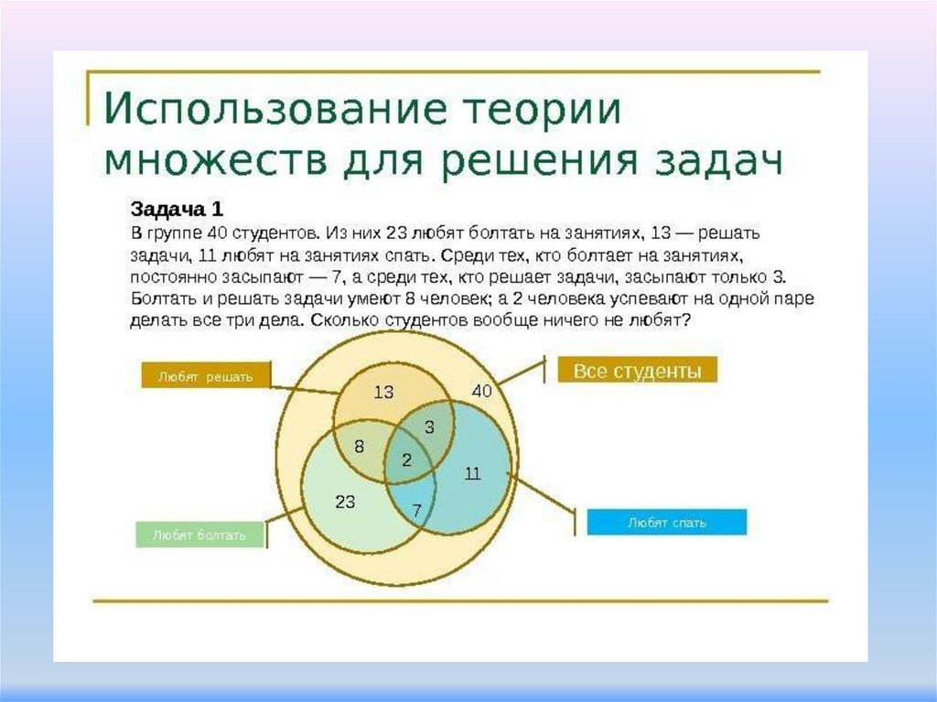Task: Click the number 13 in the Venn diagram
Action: coord(383,393)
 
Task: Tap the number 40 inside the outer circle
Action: coord(481,391)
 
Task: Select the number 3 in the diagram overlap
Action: coord(428,427)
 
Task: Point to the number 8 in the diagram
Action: coord(359,447)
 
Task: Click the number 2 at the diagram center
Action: coord(406,460)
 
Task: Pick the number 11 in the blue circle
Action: coord(472,473)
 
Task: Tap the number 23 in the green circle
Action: coord(345,502)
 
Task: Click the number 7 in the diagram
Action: coord(416,511)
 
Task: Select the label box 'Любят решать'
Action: coord(205,375)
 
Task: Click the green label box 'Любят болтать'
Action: coord(199,535)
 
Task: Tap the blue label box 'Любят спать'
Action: coord(666,523)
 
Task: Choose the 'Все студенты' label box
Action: coord(637,371)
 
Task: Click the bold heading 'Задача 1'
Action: coord(177,208)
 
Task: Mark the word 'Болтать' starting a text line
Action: coord(161,298)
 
